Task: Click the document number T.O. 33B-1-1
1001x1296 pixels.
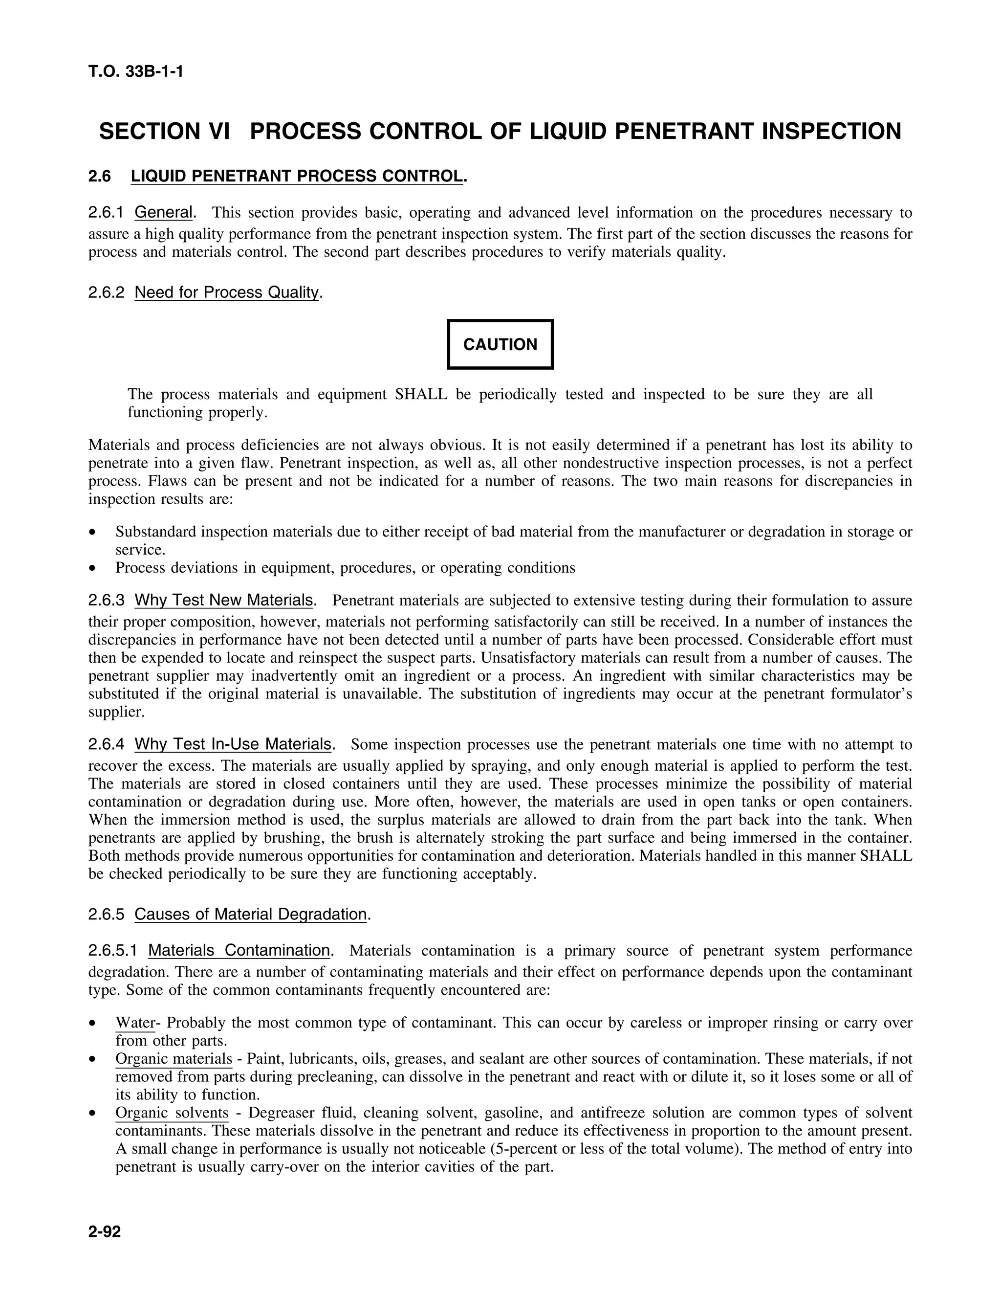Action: point(136,72)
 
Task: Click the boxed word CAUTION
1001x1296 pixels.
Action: point(500,345)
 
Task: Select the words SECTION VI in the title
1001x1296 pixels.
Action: point(164,131)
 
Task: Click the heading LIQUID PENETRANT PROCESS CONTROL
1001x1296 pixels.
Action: point(297,176)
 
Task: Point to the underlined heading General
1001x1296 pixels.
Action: point(164,212)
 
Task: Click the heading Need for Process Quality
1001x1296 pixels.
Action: point(226,292)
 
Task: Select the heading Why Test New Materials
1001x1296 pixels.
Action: point(223,600)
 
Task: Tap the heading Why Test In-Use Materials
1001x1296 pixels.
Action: point(233,744)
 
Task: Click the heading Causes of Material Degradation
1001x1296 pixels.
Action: point(250,915)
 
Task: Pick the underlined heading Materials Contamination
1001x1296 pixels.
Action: point(239,951)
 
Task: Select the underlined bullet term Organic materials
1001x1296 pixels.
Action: point(174,1059)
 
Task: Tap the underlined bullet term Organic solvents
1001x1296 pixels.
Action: point(172,1113)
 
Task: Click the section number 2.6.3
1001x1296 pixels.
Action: point(106,600)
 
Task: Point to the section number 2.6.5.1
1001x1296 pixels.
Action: point(113,951)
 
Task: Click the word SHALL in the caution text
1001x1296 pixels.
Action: point(421,395)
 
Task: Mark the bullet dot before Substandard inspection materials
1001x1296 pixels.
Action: point(92,532)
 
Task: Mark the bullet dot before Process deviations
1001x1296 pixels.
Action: point(92,568)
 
